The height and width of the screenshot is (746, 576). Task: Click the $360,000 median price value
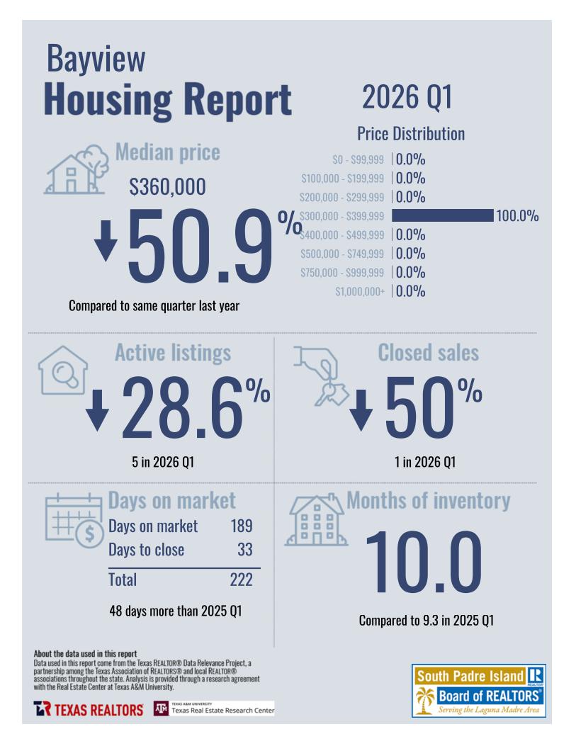click(x=167, y=187)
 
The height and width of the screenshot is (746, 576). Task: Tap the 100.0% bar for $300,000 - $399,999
click(x=442, y=215)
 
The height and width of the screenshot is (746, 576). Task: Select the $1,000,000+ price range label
click(x=360, y=291)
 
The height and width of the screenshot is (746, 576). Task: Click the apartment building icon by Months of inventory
click(x=315, y=521)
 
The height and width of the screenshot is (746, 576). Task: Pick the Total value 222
click(x=241, y=580)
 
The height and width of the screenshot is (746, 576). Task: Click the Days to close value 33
click(x=244, y=550)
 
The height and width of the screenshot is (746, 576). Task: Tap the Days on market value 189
click(x=242, y=526)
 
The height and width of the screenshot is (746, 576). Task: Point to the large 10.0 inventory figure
click(x=423, y=562)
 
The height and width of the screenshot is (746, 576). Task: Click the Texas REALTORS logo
click(x=88, y=709)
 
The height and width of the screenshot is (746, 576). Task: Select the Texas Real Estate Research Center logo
click(x=213, y=708)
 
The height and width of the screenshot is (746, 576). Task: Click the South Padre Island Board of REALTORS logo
click(x=478, y=690)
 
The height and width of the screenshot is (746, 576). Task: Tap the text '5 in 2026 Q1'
click(x=163, y=463)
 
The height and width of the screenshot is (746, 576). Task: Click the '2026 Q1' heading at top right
click(x=407, y=97)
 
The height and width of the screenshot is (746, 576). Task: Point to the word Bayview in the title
click(x=96, y=59)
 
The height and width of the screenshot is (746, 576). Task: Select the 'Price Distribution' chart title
click(x=411, y=134)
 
